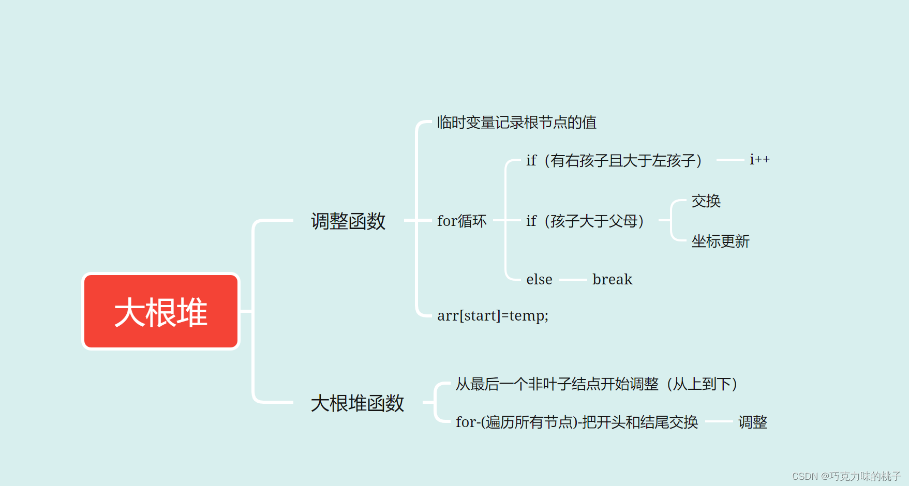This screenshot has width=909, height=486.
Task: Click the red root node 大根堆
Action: pyautogui.click(x=161, y=312)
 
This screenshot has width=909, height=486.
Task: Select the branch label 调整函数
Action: pyautogui.click(x=348, y=221)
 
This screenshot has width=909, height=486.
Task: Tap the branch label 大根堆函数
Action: pyautogui.click(x=357, y=403)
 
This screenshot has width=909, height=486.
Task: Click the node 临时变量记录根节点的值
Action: pyautogui.click(x=516, y=123)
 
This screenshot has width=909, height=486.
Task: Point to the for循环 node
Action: pyautogui.click(x=461, y=221)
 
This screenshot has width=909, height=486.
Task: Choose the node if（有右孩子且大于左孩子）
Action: pyautogui.click(x=614, y=161)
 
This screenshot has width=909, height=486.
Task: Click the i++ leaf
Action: pyautogui.click(x=759, y=160)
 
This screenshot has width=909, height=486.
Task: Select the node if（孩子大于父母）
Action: pyautogui.click(x=585, y=221)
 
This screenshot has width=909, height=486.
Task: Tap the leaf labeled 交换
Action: pyautogui.click(x=706, y=201)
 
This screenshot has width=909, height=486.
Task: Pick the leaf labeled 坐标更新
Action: pyautogui.click(x=720, y=241)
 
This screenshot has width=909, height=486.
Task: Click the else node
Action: pyautogui.click(x=539, y=280)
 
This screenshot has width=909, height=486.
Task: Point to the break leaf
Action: pyautogui.click(x=612, y=280)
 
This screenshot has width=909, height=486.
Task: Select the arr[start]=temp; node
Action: pyautogui.click(x=493, y=315)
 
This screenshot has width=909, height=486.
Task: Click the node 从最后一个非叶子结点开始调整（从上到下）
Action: pyautogui.click(x=597, y=384)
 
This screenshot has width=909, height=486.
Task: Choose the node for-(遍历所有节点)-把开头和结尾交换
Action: pyautogui.click(x=577, y=422)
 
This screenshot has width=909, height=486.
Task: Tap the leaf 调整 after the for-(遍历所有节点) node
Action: pyautogui.click(x=752, y=422)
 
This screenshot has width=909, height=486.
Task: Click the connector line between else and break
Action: pyautogui.click(x=573, y=280)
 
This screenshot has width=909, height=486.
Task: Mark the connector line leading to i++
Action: pyautogui.click(x=730, y=160)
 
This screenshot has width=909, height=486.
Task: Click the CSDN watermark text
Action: pyautogui.click(x=846, y=476)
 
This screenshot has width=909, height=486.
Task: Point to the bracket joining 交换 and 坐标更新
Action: pyautogui.click(x=672, y=221)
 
